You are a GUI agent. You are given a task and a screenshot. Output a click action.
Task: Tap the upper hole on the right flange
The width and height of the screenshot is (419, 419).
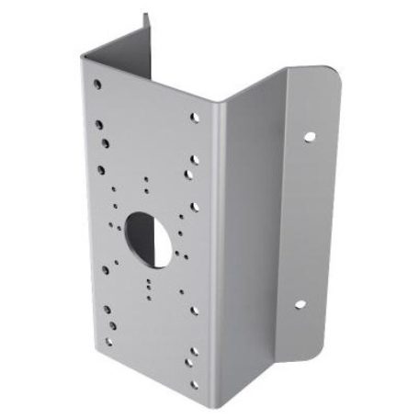[309, 136]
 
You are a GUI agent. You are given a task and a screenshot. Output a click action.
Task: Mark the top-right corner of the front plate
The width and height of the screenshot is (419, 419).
[217, 101]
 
